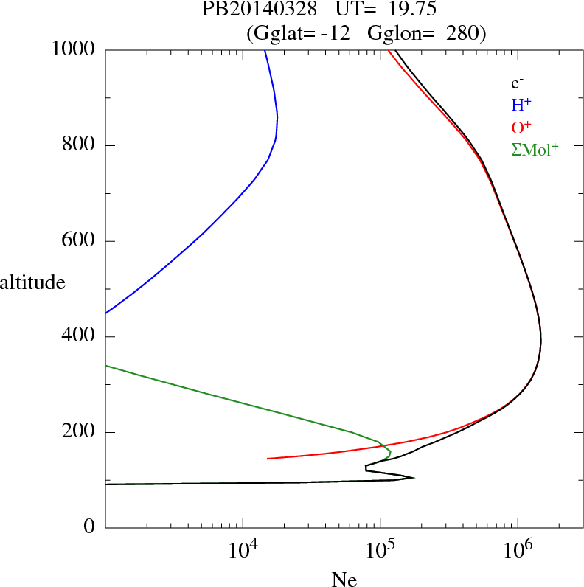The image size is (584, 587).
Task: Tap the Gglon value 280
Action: coord(462,33)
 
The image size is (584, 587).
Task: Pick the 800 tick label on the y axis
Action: coord(80,145)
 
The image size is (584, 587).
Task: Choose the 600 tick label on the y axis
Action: coord(80,241)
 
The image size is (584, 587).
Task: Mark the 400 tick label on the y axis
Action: coord(80,337)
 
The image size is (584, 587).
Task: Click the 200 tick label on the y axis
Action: coord(80,432)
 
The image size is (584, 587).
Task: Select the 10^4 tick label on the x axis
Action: coord(243,549)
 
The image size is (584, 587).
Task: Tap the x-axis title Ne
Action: coord(344,580)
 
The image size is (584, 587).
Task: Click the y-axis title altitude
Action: coord(32,282)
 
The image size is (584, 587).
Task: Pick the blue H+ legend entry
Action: coord(521,105)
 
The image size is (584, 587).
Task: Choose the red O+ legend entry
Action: coord(522,128)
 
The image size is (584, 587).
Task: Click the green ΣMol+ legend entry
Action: coord(535,150)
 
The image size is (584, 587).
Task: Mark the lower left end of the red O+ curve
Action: coord(268,459)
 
